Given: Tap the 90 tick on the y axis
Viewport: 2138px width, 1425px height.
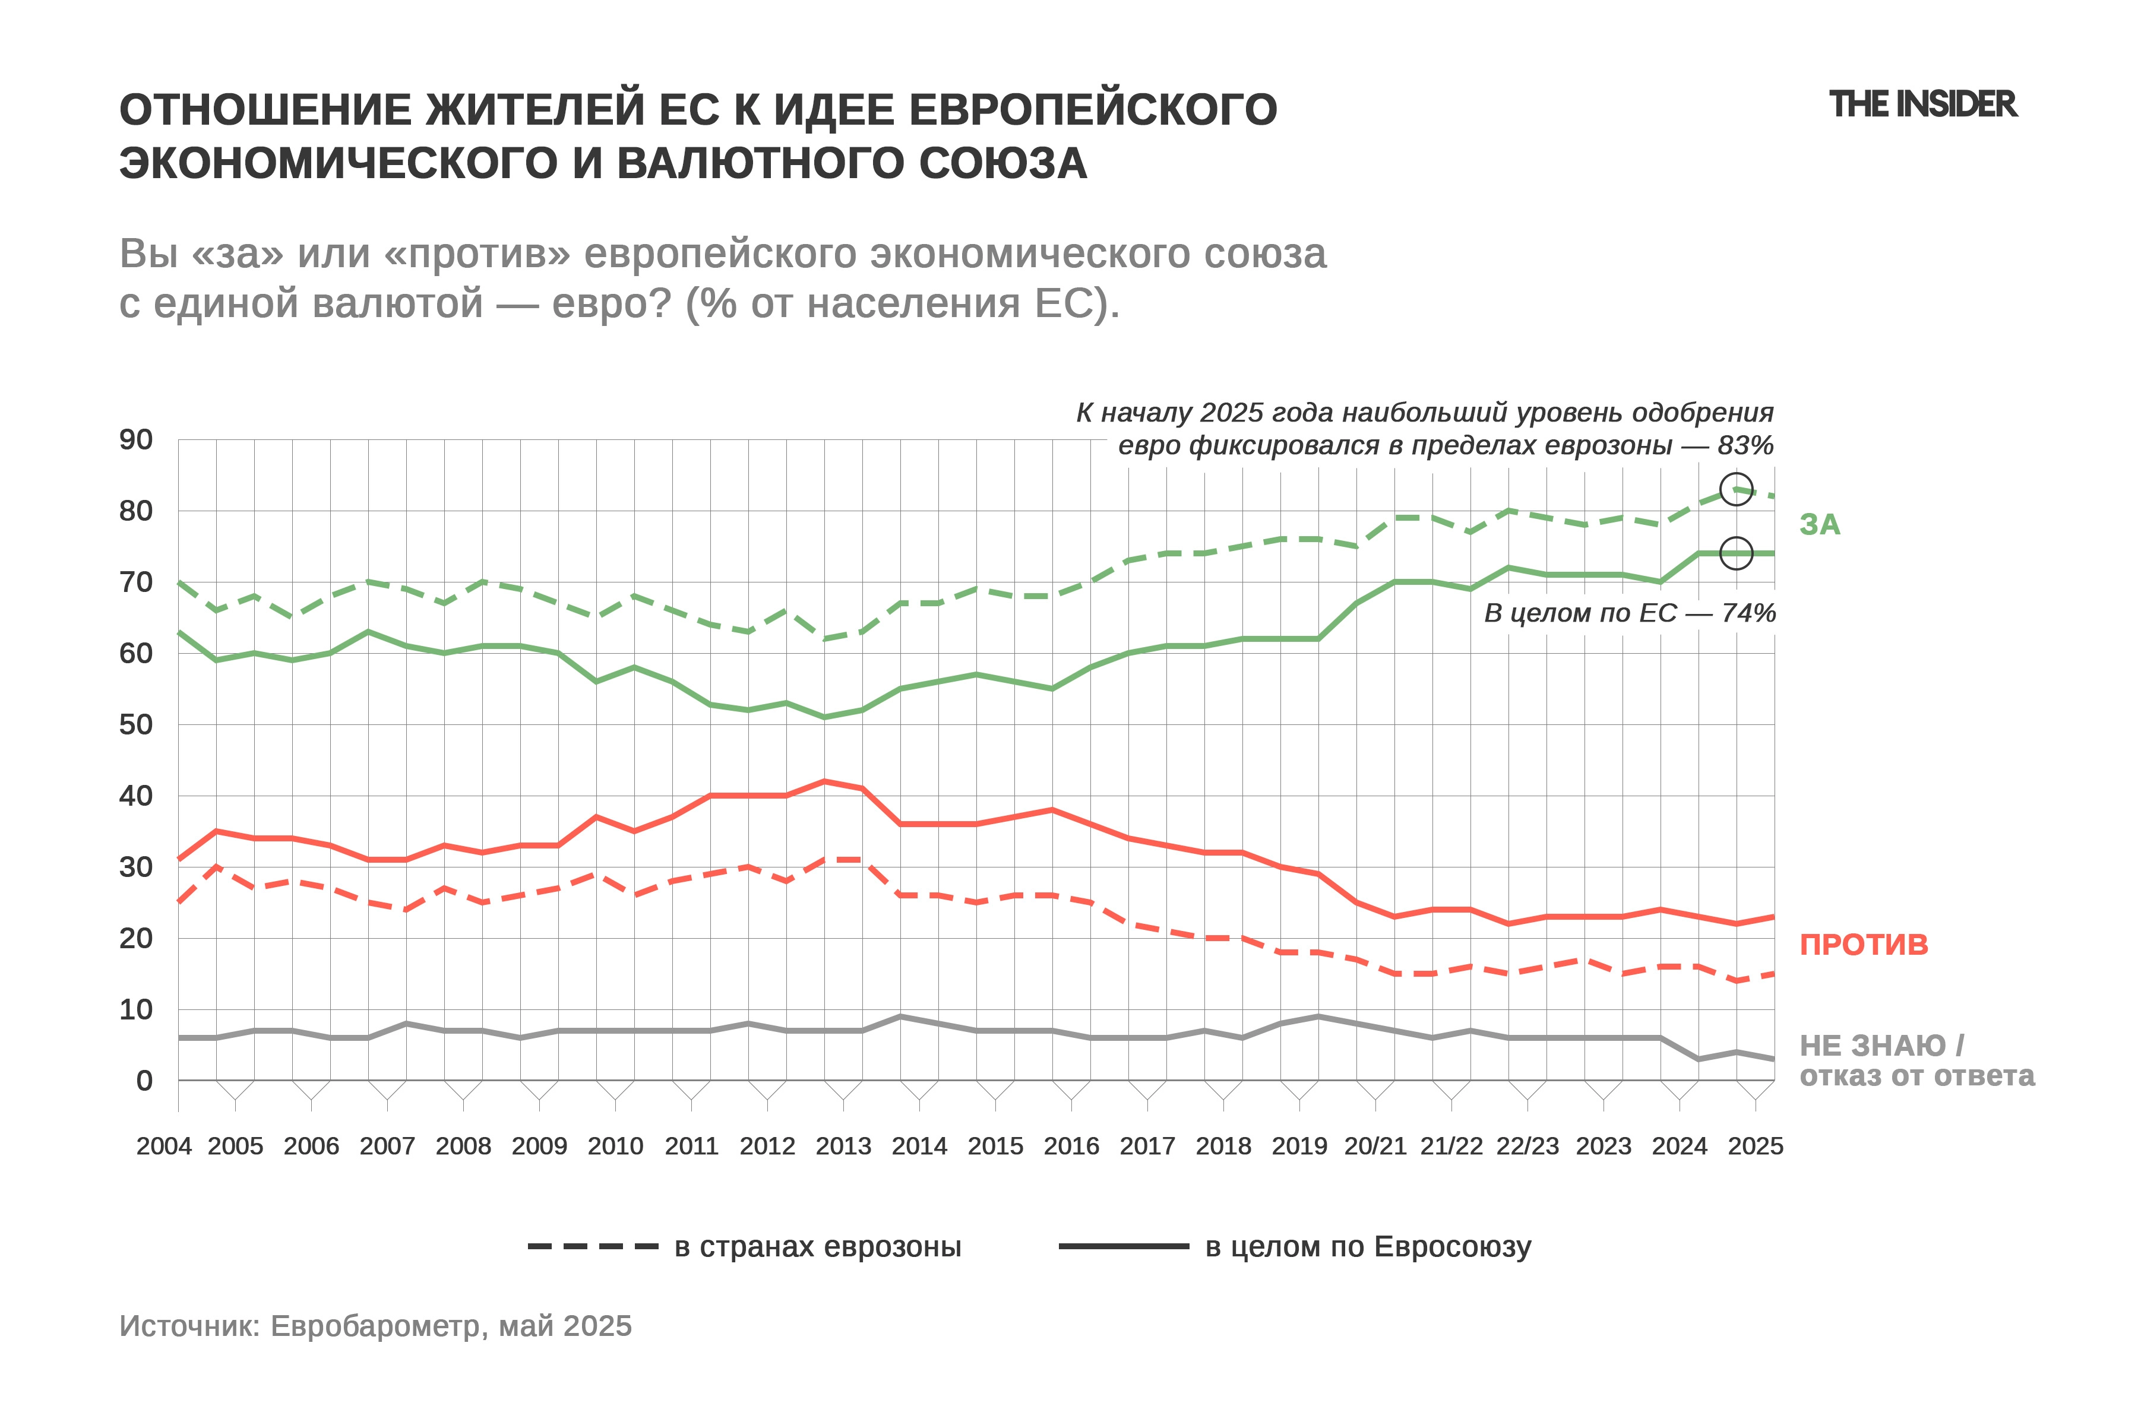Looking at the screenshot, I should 137,440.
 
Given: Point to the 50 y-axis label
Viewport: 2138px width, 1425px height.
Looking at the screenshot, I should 137,724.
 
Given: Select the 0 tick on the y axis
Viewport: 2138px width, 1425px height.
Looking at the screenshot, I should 144,1081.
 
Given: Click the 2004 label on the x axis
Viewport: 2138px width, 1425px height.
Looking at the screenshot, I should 164,1146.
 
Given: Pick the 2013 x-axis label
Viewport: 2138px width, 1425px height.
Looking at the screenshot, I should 843,1146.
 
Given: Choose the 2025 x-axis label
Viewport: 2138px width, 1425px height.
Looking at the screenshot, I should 1756,1146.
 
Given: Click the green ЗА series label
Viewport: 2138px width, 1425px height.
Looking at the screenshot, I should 1820,524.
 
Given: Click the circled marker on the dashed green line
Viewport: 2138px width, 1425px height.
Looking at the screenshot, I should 1736,489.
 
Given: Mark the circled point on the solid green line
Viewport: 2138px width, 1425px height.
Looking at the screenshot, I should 1736,553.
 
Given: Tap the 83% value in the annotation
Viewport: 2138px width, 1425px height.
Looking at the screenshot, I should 1745,445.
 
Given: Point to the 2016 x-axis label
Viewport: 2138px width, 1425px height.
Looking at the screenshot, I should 1072,1146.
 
